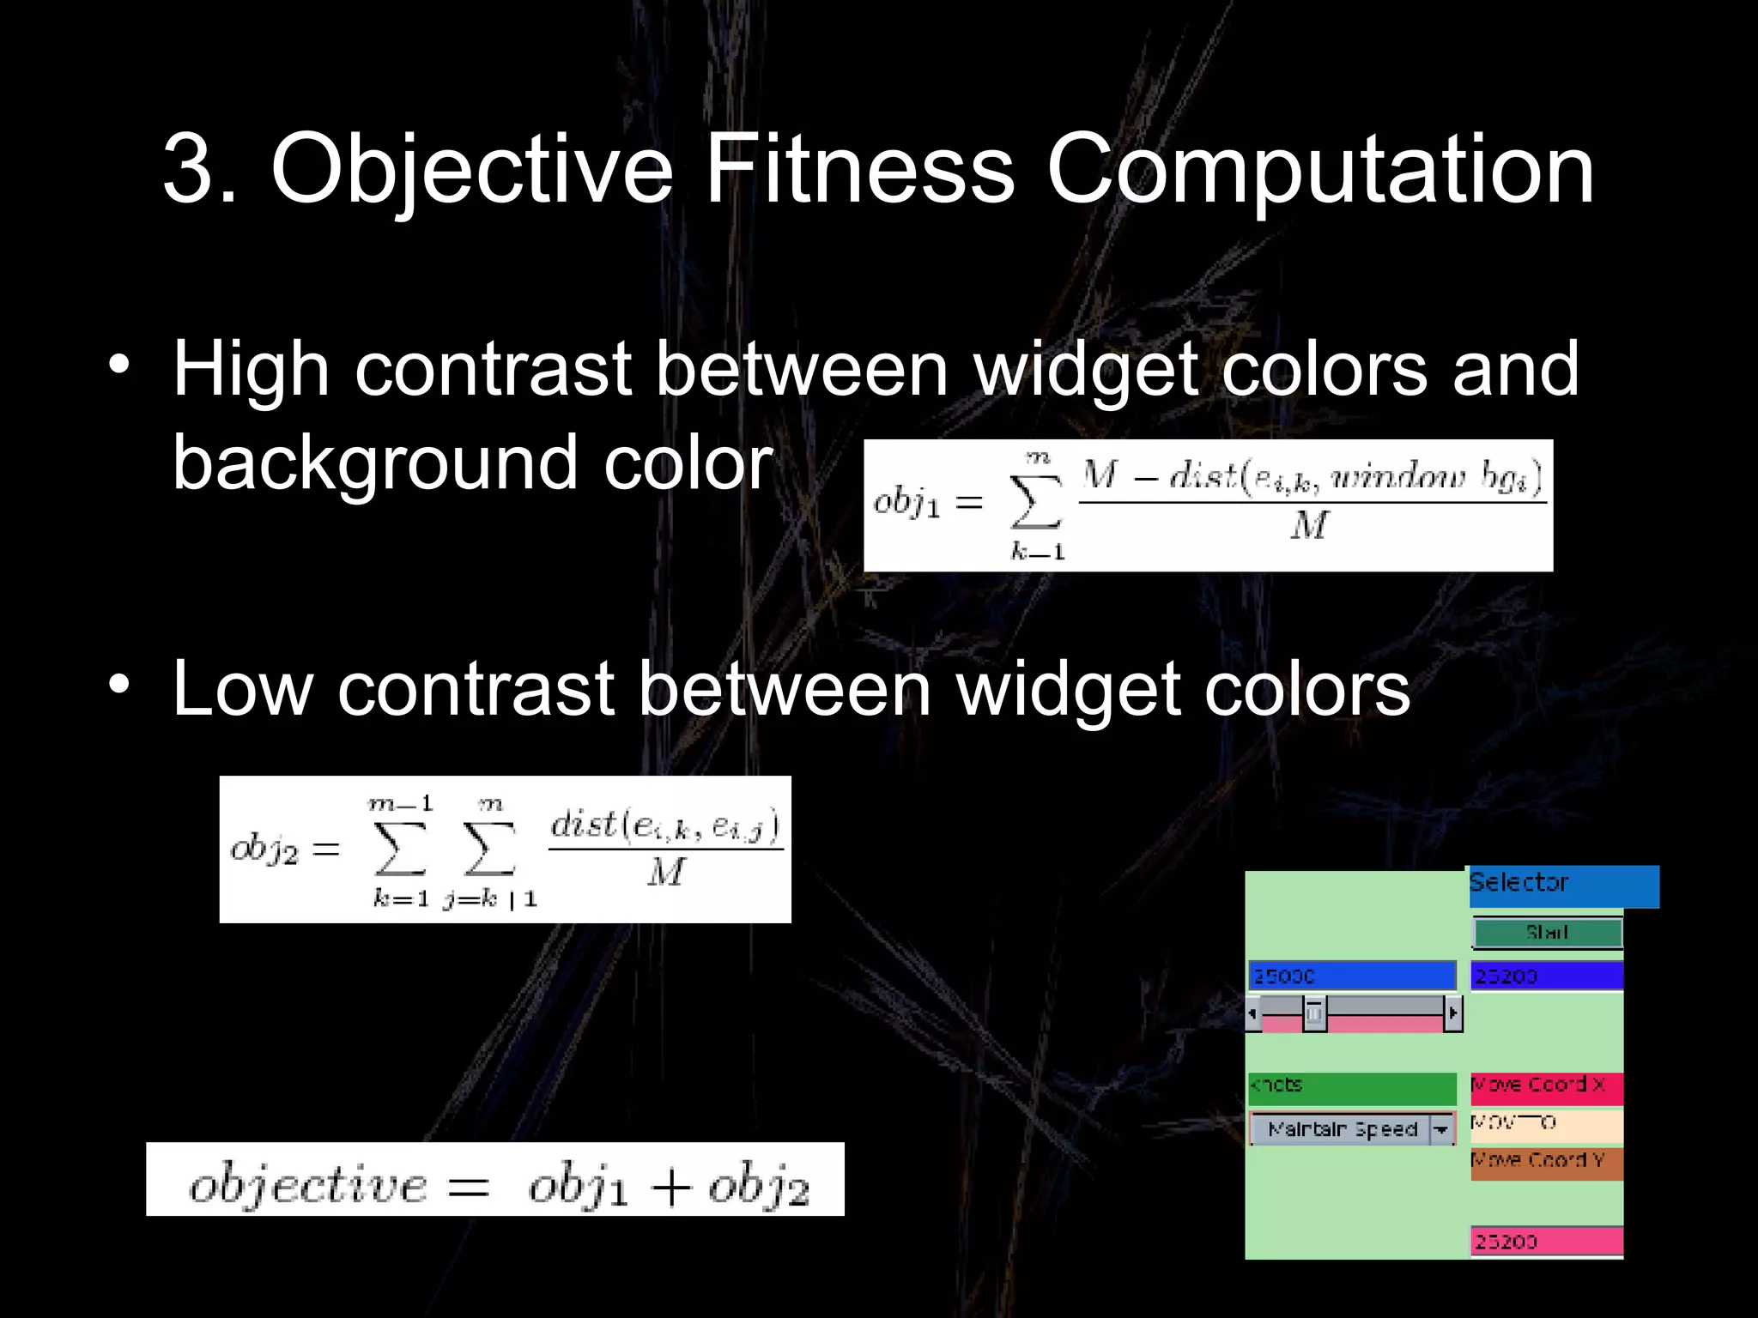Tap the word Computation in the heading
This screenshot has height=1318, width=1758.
click(1319, 170)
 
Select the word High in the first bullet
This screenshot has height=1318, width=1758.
click(251, 369)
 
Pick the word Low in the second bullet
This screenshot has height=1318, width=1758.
click(242, 688)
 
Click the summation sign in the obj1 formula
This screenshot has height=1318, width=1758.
click(1036, 502)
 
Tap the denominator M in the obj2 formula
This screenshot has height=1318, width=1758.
click(665, 873)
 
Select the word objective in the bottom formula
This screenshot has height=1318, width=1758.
click(307, 1186)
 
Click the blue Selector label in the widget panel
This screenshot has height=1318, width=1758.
click(1563, 885)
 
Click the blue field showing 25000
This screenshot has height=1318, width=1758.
click(1352, 976)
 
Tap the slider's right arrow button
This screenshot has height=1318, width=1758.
click(1452, 1013)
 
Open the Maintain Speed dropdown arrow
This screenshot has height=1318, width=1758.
click(1441, 1129)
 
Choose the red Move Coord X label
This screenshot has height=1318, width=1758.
click(1546, 1086)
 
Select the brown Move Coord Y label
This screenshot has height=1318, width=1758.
click(1546, 1162)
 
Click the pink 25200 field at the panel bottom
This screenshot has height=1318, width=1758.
click(1546, 1241)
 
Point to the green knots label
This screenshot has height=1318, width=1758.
click(1352, 1086)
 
